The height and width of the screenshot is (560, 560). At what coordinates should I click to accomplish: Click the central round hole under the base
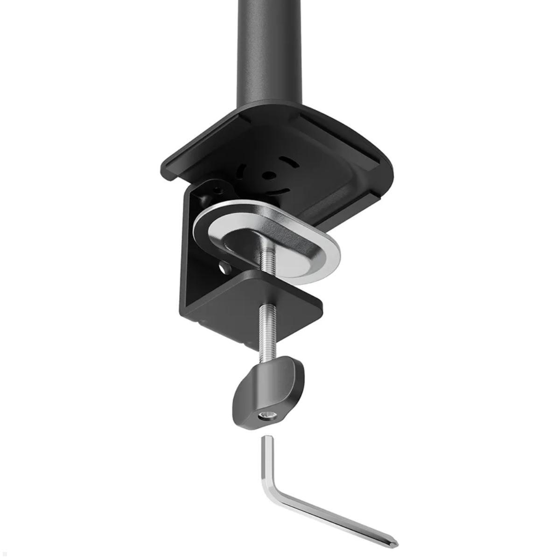coord(269,176)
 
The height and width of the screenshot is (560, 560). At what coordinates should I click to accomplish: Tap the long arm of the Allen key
coord(336,518)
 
